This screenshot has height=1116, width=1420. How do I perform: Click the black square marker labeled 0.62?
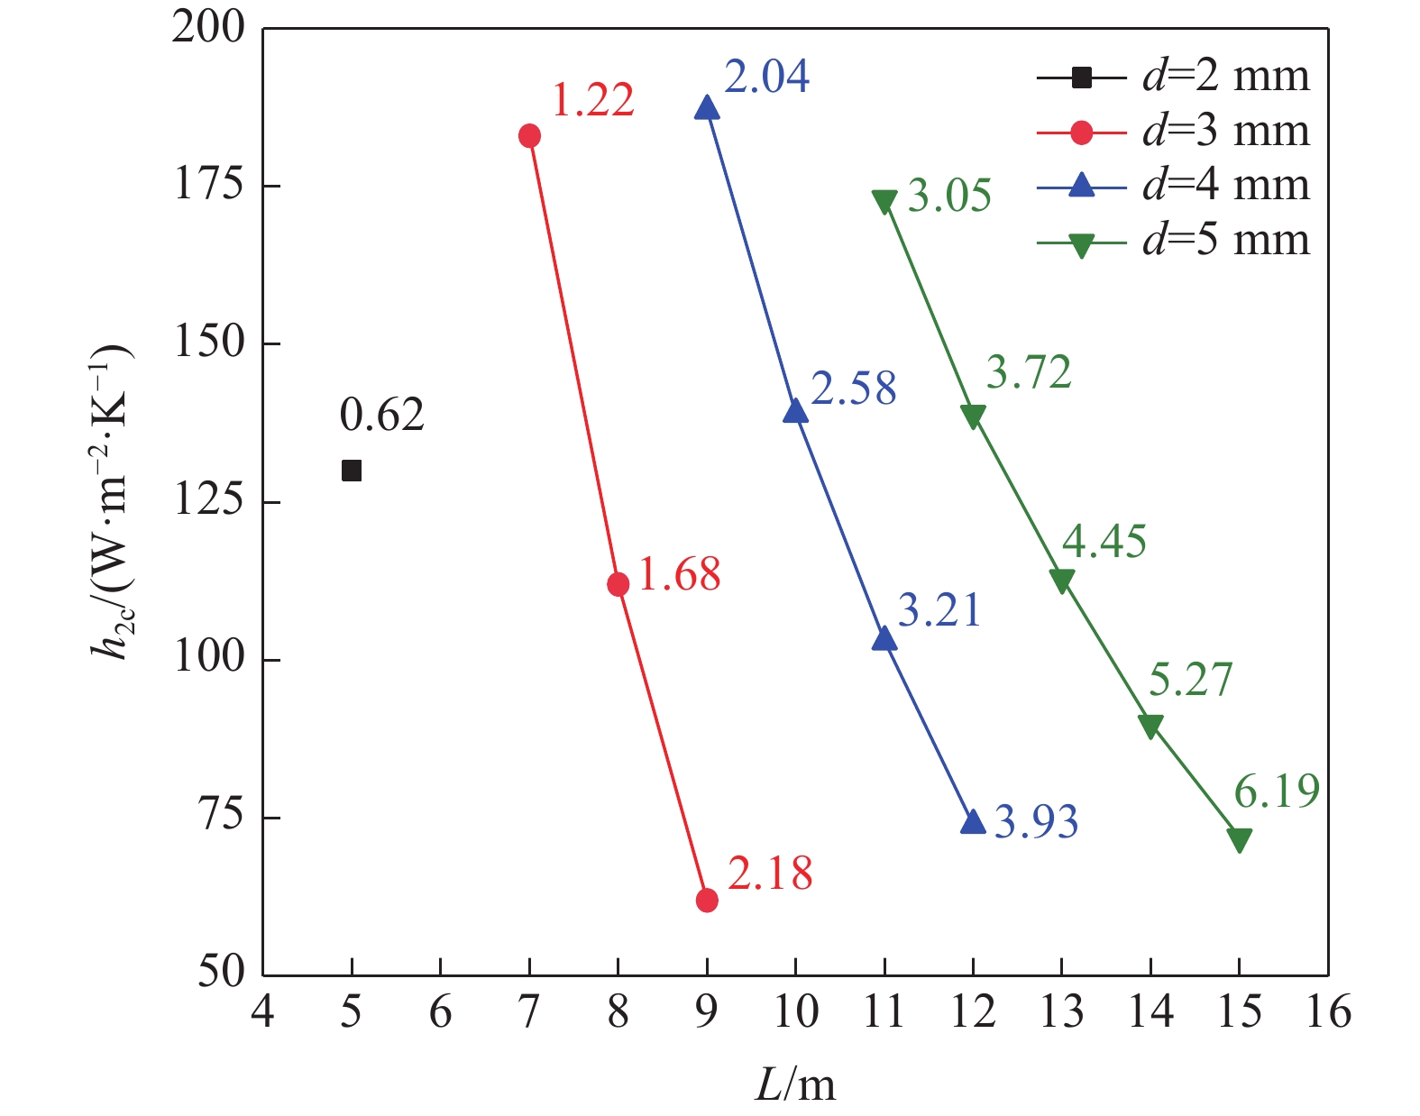352,471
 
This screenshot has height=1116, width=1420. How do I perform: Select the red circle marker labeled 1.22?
529,136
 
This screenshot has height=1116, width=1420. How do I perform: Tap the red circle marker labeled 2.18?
707,900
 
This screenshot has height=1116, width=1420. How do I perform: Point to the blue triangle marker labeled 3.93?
973,822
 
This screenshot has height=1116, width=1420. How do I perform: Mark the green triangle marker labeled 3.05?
884,202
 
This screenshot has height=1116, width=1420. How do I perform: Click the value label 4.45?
1104,542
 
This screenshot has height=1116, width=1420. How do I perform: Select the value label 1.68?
679,574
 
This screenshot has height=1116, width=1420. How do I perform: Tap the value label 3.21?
939,610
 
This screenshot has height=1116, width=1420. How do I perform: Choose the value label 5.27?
1190,680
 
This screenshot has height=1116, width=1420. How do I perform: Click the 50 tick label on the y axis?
221,974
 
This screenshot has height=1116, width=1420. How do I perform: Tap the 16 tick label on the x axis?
1327,1012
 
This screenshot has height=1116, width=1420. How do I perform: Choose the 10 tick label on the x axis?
795,1012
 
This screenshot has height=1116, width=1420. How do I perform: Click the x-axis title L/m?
794,1085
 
